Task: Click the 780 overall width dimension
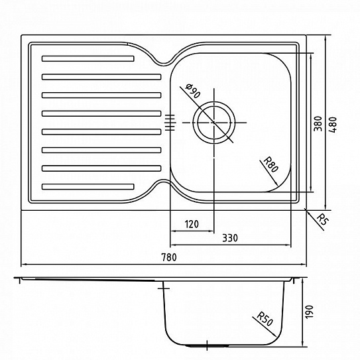pyautogui.click(x=169, y=257)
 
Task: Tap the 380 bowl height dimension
pyautogui.click(x=318, y=124)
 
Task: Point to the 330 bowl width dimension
pyautogui.click(x=230, y=238)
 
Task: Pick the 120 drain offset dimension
pyautogui.click(x=192, y=224)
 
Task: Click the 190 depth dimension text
pyautogui.click(x=309, y=312)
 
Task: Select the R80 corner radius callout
pyautogui.click(x=271, y=164)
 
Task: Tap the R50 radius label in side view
pyautogui.click(x=265, y=319)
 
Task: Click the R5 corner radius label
pyautogui.click(x=323, y=220)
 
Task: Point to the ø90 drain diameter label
pyautogui.click(x=193, y=91)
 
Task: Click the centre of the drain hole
pyautogui.click(x=214, y=123)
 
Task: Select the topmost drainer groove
pyautogui.click(x=88, y=58)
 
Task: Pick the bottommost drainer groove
pyautogui.click(x=88, y=187)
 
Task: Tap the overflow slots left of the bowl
pyautogui.click(x=170, y=123)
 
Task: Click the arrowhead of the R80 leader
pyautogui.click(x=276, y=183)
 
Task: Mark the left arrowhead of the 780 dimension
pyautogui.click(x=25, y=265)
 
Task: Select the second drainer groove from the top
pyautogui.click(x=101, y=77)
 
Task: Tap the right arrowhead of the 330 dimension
pyautogui.click(x=288, y=245)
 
